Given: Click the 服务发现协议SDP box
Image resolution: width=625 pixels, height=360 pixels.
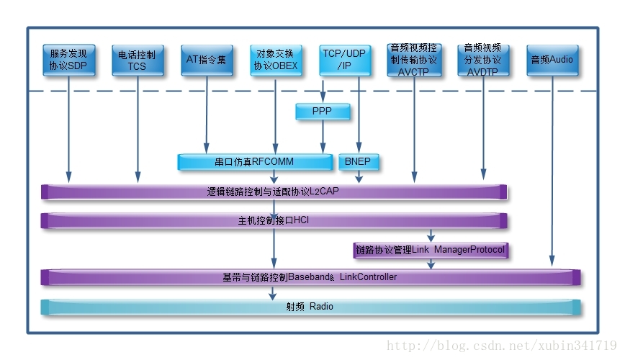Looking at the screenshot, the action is pyautogui.click(x=69, y=60).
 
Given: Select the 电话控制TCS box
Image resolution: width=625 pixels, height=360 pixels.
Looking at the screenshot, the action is pyautogui.click(x=138, y=60).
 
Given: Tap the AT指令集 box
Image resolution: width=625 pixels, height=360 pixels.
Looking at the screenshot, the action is pyautogui.click(x=207, y=60).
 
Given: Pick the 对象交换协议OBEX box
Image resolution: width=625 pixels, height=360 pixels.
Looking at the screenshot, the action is pyautogui.click(x=276, y=60).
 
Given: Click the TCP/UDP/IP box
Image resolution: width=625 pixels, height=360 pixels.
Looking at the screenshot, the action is pyautogui.click(x=345, y=60).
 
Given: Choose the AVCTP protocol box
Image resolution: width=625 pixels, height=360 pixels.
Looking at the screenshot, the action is pyautogui.click(x=414, y=60).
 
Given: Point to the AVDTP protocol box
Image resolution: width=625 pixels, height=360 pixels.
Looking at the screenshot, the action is pyautogui.click(x=483, y=60).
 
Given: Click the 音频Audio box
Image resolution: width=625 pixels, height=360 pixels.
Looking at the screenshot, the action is pyautogui.click(x=552, y=60).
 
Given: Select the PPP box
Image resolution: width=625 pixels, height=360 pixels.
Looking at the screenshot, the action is pyautogui.click(x=323, y=111).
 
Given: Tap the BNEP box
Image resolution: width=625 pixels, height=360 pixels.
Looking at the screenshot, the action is pyautogui.click(x=359, y=162).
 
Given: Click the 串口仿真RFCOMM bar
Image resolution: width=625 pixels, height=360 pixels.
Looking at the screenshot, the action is pyautogui.click(x=255, y=162).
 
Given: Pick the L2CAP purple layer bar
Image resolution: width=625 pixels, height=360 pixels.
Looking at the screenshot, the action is pyautogui.click(x=274, y=192).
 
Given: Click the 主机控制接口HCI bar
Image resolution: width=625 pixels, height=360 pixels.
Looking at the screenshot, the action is pyautogui.click(x=274, y=220).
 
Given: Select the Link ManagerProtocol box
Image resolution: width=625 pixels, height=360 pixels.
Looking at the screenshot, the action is pyautogui.click(x=431, y=251).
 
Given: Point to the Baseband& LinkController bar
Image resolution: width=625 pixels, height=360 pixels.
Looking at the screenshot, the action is pyautogui.click(x=310, y=277).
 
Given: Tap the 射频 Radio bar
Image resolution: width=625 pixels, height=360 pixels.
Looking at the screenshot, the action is pyautogui.click(x=310, y=307).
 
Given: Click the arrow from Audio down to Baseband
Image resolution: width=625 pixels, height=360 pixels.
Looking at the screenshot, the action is pyautogui.click(x=552, y=171).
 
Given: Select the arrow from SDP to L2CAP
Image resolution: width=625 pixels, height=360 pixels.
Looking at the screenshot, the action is pyautogui.click(x=69, y=129).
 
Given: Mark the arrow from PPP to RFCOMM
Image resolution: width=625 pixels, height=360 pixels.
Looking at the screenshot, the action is pyautogui.click(x=323, y=136).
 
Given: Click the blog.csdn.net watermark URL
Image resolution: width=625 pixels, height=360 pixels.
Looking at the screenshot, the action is pyautogui.click(x=501, y=346).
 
